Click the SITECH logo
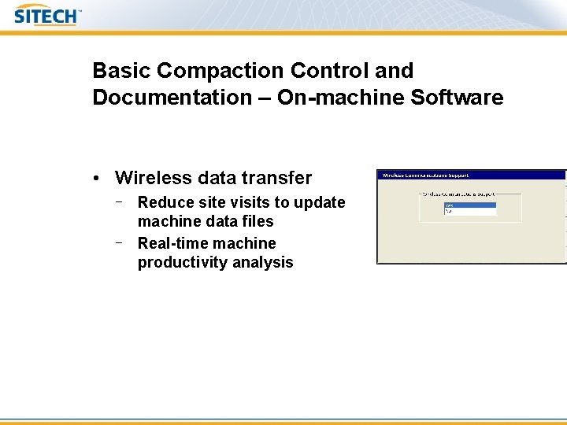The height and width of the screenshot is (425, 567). point(47,15)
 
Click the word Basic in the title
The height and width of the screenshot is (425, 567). point(122,71)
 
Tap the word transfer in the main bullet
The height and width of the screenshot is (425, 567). point(279,179)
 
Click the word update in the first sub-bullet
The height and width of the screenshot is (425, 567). point(321,203)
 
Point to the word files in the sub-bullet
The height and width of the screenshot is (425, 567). point(258,222)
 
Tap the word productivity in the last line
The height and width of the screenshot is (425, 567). point(180,263)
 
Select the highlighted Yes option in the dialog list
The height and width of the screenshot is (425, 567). point(470,205)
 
